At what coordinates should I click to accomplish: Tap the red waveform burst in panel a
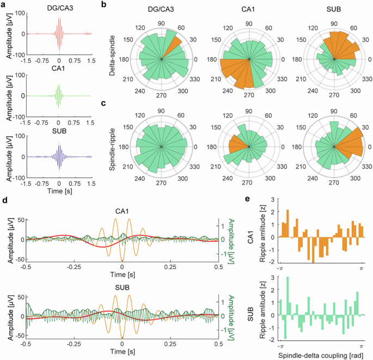point(59,33)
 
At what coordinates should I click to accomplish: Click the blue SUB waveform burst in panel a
point(59,157)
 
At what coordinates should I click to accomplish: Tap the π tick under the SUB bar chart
point(361,346)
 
